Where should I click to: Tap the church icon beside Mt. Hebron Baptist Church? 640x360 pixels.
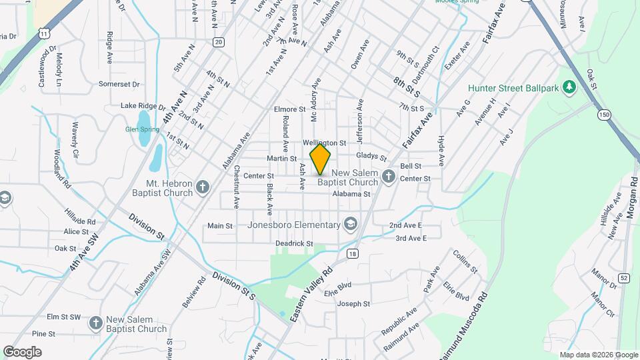203,187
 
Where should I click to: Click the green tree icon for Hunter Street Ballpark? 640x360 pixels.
569,87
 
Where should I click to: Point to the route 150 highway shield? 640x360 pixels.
604,115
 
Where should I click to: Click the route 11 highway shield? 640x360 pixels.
43,32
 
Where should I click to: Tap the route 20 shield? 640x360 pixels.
218,41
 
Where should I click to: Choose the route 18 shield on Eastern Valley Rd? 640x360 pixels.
352,253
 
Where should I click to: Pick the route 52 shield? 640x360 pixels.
623,277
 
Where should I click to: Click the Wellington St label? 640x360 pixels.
324,143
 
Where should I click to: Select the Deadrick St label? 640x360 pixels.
294,244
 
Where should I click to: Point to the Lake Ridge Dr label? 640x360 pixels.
143,105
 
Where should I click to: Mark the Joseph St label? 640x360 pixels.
353,304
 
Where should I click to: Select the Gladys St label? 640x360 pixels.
371,156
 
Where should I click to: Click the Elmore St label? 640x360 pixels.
289,109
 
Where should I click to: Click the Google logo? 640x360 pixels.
22,352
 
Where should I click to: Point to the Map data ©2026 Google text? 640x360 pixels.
599,355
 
